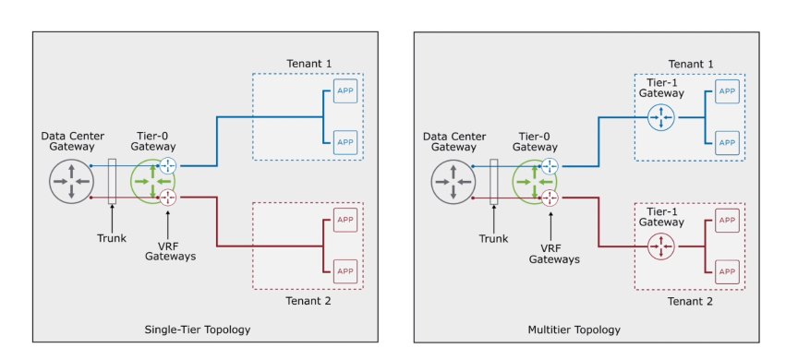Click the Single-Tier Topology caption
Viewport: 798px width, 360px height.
point(198,330)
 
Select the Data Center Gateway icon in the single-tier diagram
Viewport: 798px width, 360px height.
point(71,181)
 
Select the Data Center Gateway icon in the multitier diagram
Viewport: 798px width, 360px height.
point(453,181)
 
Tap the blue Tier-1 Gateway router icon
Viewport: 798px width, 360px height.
point(661,116)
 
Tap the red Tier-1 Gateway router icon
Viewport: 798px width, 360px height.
point(661,246)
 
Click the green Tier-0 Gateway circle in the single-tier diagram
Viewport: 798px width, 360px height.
point(149,181)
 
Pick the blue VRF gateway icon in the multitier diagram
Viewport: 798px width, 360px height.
point(550,166)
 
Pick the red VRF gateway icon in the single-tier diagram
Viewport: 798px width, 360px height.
point(168,197)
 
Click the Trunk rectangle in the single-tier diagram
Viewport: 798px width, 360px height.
point(112,181)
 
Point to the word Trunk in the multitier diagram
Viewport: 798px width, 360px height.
point(493,238)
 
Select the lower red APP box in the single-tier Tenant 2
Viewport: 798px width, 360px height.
point(345,270)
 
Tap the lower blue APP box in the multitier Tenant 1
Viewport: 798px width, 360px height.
point(727,142)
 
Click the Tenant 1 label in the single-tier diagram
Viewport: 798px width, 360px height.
point(308,63)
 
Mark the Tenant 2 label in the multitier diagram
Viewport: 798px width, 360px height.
point(691,301)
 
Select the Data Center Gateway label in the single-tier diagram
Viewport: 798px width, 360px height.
point(71,140)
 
